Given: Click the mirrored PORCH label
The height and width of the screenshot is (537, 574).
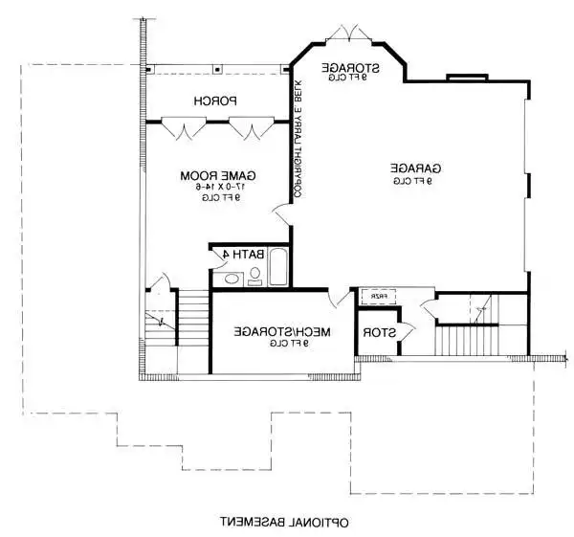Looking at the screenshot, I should (x=215, y=101).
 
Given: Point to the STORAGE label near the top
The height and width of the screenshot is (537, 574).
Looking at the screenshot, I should (x=350, y=68).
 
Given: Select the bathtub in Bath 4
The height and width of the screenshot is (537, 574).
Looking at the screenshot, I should (x=278, y=267).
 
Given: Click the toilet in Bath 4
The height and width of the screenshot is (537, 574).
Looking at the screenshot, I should (x=254, y=276).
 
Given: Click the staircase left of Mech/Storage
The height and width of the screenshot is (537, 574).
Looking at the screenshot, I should (x=192, y=321).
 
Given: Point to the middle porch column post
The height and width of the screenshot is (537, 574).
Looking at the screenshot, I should (x=217, y=69).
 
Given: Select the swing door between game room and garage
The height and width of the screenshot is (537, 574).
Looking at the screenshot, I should (x=281, y=215).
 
